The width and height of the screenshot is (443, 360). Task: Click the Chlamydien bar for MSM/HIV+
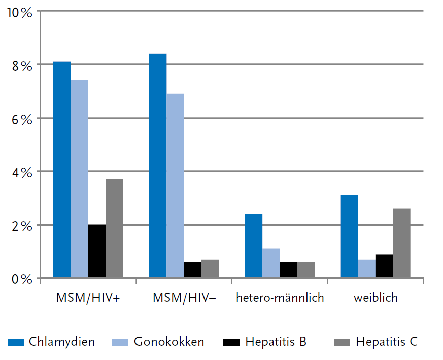[62, 170]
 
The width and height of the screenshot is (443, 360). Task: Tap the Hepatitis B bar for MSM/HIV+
[96, 251]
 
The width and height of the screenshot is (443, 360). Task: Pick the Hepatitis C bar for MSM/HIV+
[114, 228]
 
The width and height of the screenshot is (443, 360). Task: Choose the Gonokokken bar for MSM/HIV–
[175, 186]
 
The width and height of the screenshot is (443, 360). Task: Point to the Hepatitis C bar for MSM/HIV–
[210, 269]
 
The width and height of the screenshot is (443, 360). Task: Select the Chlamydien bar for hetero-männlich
[254, 246]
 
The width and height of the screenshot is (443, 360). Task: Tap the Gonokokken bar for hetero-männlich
[271, 263]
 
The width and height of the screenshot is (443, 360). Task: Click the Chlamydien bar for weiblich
[349, 236]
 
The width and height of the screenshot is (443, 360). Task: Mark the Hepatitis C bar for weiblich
[401, 243]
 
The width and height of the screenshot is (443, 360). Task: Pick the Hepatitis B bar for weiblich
[384, 266]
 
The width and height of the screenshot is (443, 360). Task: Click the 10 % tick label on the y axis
[19, 13]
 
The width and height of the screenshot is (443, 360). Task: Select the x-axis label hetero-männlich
[280, 298]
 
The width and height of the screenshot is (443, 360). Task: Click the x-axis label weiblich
[376, 298]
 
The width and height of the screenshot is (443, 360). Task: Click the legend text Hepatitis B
[276, 342]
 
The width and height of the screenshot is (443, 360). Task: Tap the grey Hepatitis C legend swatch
[343, 342]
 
